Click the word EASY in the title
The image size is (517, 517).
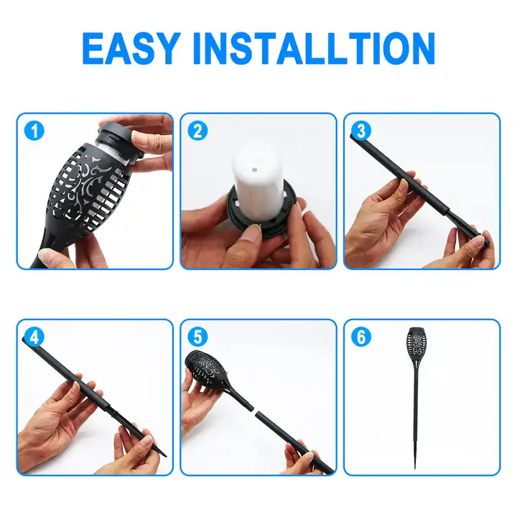click(131, 48)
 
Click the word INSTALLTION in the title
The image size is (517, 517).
click(314, 48)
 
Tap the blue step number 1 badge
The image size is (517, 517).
click(34, 131)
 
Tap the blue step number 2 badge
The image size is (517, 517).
click(197, 131)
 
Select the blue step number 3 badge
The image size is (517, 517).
click(361, 131)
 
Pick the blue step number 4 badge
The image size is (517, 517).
click(34, 337)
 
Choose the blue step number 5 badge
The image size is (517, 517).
click(197, 337)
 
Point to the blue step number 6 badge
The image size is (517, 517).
click(361, 337)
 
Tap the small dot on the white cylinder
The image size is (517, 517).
click(254, 169)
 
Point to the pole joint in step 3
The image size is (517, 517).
click(448, 210)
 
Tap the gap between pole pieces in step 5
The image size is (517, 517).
click(254, 409)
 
